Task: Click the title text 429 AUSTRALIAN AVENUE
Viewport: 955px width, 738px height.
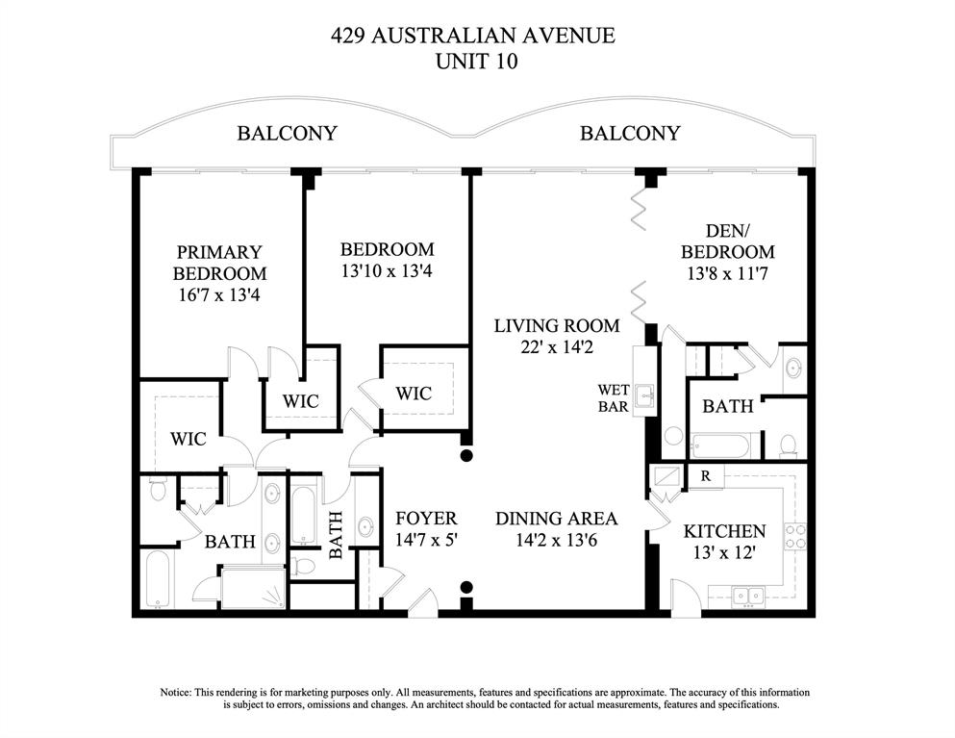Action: click(x=472, y=37)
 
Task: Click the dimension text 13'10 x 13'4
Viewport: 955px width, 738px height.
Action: click(x=387, y=271)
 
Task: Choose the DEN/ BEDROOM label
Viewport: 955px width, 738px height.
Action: click(x=727, y=241)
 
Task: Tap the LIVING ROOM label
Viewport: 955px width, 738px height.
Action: click(x=556, y=325)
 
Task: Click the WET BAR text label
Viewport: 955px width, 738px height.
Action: click(x=613, y=398)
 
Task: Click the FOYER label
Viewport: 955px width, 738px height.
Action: click(x=426, y=519)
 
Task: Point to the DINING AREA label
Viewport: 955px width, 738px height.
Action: click(x=556, y=519)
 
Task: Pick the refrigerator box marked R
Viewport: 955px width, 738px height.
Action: click(x=705, y=475)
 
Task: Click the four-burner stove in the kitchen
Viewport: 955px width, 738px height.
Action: click(x=795, y=536)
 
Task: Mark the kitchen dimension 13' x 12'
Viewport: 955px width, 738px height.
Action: click(x=724, y=553)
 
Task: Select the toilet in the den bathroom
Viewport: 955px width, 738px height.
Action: click(x=788, y=445)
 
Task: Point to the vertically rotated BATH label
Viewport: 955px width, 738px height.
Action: click(x=337, y=535)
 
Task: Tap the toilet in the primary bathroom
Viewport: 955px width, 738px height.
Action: click(x=158, y=491)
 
